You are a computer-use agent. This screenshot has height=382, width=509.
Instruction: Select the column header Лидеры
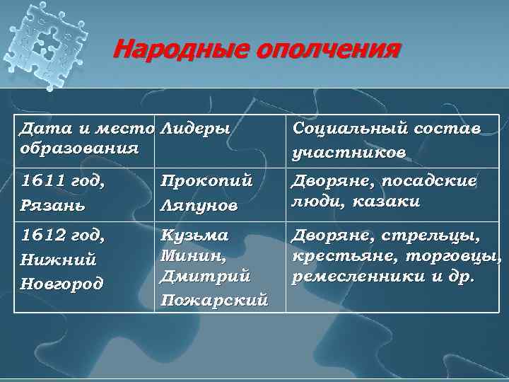(x=195, y=129)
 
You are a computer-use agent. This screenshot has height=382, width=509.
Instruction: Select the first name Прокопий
(x=206, y=181)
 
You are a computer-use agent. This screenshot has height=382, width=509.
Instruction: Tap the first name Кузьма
(x=194, y=235)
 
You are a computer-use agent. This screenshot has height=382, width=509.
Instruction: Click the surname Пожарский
(x=214, y=300)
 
